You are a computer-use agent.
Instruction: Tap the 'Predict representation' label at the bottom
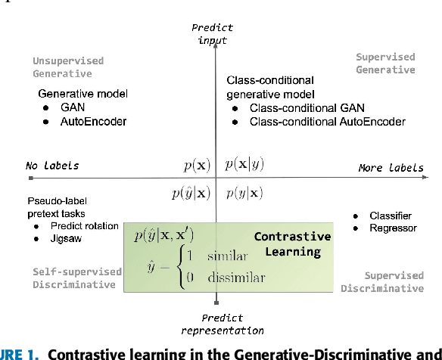tap(222, 324)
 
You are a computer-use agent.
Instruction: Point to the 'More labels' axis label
tap(391, 167)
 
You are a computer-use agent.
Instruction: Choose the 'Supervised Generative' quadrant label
tap(385, 64)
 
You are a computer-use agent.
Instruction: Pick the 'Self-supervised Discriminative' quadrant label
tap(76, 278)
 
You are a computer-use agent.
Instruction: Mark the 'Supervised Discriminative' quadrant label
tap(382, 282)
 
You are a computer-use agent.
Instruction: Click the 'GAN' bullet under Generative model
tap(73, 107)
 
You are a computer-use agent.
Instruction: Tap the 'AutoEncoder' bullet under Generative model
tap(92, 121)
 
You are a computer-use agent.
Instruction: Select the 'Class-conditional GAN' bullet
tap(301, 108)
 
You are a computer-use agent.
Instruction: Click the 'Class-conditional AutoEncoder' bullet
tap(327, 122)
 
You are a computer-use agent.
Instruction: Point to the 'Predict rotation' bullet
tap(84, 225)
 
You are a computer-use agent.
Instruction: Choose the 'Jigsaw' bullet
tap(66, 238)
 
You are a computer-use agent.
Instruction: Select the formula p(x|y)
tap(245, 164)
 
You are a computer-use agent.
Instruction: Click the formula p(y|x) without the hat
tap(245, 193)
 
